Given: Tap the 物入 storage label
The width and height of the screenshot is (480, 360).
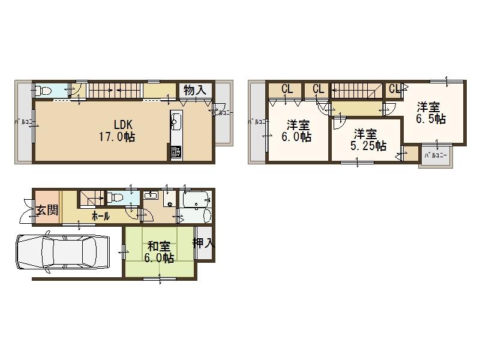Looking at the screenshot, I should coord(195,91).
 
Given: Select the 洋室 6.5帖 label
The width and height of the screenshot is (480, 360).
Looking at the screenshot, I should coord(431,113).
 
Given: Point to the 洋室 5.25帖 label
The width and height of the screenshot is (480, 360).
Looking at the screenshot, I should coord(365,140).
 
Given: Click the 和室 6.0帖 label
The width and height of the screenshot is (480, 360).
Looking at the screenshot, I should coord(160,252).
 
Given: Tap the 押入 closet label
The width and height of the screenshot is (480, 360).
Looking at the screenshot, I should coord(204,243).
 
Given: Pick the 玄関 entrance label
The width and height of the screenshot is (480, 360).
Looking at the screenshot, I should coord(46,211).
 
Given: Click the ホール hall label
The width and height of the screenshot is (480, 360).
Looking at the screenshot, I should coord(100,215).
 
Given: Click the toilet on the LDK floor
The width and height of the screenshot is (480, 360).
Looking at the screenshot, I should coord(42,91).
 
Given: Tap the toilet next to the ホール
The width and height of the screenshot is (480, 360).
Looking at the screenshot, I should coord(115,197).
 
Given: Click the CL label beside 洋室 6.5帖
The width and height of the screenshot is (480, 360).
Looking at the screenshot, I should coord(394,89).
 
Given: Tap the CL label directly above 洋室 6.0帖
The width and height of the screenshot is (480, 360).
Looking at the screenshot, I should coord(287,89).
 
